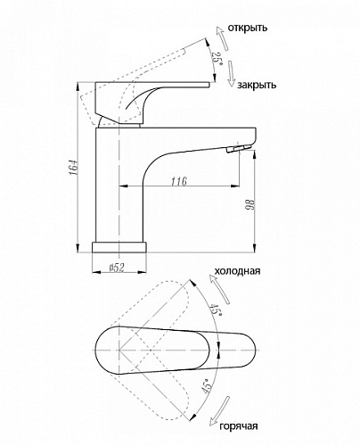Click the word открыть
coord(248,28)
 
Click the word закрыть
coord(257,85)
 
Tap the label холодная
coord(237,271)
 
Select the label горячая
coord(239,426)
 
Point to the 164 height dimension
coord(75,168)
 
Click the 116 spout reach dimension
coord(179,181)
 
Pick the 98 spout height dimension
coord(250,205)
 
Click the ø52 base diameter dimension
coord(117,268)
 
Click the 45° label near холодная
coord(216,310)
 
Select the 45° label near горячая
coord(208,386)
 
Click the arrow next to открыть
coord(222,38)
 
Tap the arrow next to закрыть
coord(231,74)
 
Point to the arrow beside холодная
coord(219,289)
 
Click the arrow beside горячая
coord(220,411)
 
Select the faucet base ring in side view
coord(119,247)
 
